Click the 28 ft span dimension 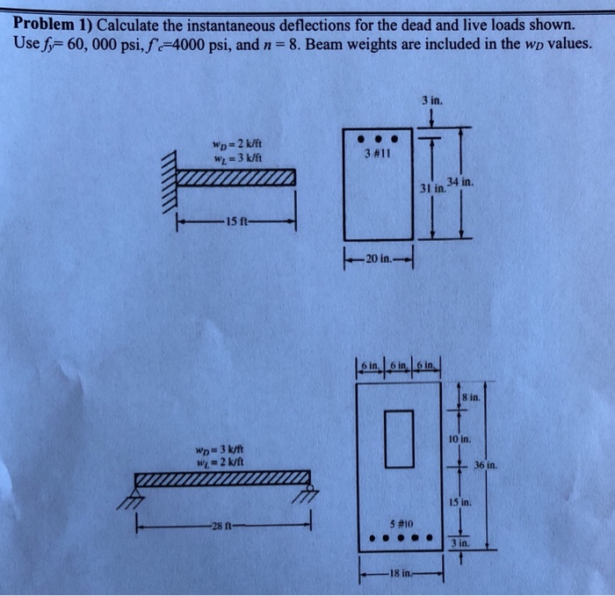(x=220, y=526)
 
